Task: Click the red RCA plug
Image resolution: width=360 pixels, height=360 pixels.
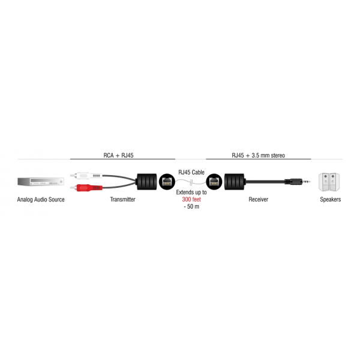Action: tap(86, 188)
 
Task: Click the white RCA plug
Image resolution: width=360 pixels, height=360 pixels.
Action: tap(86, 176)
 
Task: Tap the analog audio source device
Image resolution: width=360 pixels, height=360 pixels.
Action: tap(41, 182)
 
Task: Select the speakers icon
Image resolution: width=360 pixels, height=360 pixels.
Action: tap(329, 182)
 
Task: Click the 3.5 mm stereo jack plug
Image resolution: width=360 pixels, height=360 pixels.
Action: tap(298, 182)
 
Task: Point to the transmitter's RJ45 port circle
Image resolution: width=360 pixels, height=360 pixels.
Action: tap(167, 182)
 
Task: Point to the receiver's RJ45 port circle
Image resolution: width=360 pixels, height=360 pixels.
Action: tap(214, 182)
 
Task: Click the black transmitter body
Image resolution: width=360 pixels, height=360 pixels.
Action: tap(147, 182)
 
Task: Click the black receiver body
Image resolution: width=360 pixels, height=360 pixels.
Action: tap(235, 182)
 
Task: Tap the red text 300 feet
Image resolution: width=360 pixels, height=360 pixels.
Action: tap(191, 199)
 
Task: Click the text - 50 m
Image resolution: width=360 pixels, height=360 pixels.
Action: tap(191, 206)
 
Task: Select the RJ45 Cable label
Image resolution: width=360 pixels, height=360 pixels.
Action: tap(191, 172)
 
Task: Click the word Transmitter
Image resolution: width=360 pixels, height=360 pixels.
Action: tap(122, 199)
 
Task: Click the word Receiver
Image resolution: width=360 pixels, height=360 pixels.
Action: tap(258, 199)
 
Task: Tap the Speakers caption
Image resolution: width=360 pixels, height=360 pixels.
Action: tap(331, 200)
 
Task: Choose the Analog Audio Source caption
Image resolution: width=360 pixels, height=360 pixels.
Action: tap(41, 200)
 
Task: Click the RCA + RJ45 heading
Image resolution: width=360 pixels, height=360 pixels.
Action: tap(118, 155)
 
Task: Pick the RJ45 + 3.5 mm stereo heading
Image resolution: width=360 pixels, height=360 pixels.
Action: tap(258, 155)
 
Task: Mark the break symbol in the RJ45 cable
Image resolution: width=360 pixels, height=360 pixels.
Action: tap(191, 182)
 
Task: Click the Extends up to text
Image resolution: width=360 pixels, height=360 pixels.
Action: tap(191, 193)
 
